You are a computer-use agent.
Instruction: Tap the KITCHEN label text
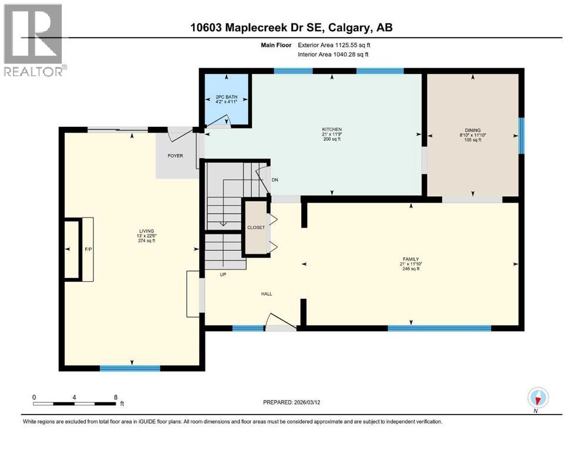(x=332, y=129)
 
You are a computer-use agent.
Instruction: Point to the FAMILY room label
(x=410, y=258)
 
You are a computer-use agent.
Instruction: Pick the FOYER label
(x=175, y=156)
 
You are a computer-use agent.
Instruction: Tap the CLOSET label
(x=256, y=227)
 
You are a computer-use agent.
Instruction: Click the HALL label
(x=266, y=294)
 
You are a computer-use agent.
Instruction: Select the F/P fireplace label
(x=89, y=249)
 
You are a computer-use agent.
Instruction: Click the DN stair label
(x=274, y=180)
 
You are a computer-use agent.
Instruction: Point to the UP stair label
(x=223, y=274)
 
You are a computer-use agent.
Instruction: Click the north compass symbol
(x=538, y=399)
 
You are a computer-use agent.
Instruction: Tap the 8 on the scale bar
(x=116, y=397)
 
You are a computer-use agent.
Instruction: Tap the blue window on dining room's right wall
(x=521, y=134)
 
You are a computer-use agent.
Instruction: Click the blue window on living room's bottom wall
(x=130, y=368)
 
